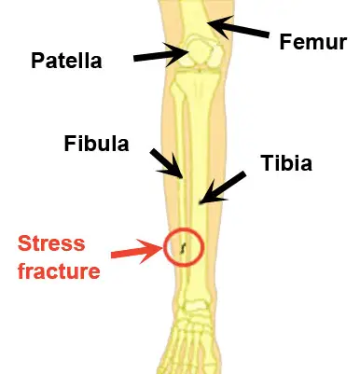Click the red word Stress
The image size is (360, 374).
(x=51, y=244)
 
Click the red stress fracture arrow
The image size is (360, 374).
(x=134, y=249)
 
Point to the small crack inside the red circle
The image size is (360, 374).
(x=183, y=247)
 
